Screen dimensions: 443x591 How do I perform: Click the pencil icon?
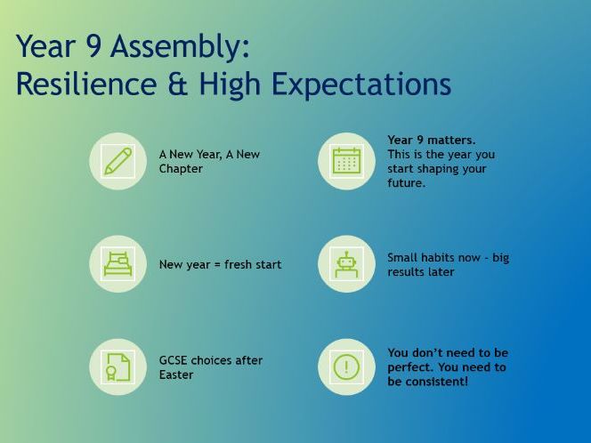[x=117, y=162]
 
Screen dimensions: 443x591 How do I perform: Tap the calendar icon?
[x=346, y=161]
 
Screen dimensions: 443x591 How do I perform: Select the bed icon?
[x=117, y=264]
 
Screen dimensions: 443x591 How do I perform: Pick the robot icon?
[x=346, y=264]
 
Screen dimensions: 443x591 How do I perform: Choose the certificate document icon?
[x=117, y=366]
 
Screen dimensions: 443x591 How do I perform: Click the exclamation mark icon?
[x=346, y=366]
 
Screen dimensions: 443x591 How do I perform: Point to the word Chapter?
[x=181, y=169]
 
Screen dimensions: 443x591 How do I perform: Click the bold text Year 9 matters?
[x=431, y=140]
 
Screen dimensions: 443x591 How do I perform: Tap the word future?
[x=406, y=183]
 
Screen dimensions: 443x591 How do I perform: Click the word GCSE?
[x=174, y=360]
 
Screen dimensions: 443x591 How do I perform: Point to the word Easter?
[x=176, y=375]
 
